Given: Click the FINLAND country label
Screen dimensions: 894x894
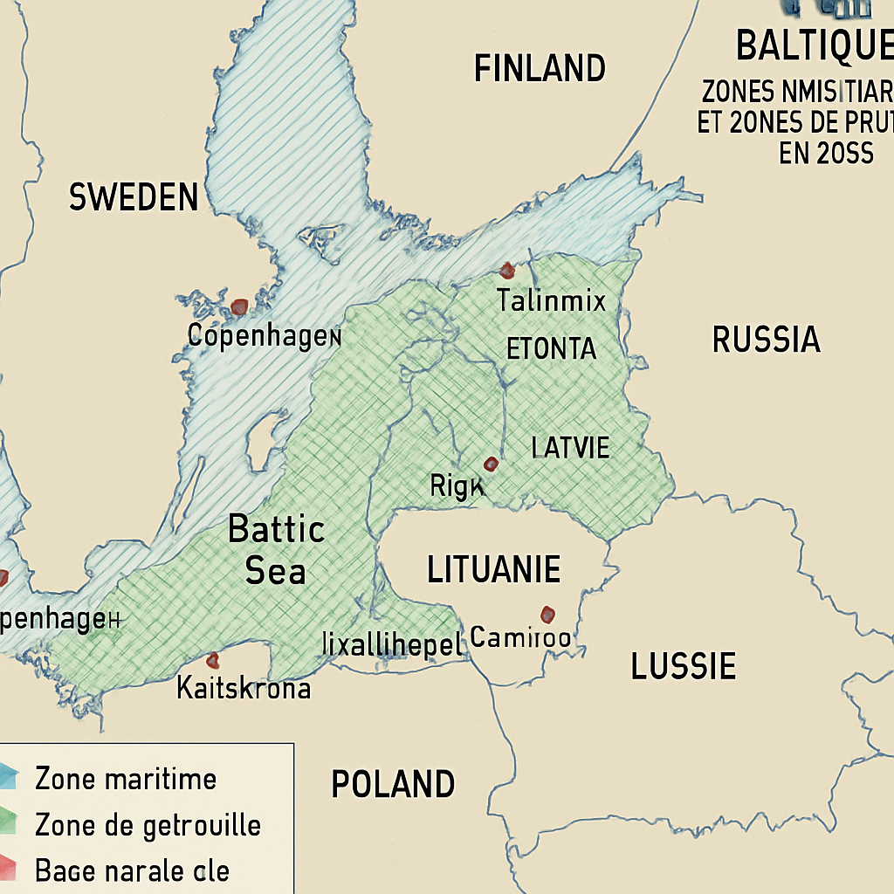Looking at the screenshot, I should (540, 68).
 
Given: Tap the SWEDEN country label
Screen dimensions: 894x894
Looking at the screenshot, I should (134, 197).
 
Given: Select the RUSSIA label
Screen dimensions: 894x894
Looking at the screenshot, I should (766, 340).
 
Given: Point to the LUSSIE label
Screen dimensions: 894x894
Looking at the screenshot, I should (683, 667).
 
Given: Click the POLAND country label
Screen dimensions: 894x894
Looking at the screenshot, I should (393, 784).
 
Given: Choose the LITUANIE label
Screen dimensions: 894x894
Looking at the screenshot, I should (493, 570).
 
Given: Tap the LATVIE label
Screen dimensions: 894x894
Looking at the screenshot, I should (570, 449).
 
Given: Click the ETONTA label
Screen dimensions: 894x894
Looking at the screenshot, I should (551, 349).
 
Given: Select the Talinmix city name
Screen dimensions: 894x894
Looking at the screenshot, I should (551, 301).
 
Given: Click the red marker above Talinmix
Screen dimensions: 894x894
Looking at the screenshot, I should (505, 271).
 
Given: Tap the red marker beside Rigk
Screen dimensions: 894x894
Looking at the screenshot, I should (491, 464).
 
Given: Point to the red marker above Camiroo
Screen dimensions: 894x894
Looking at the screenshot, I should (547, 614).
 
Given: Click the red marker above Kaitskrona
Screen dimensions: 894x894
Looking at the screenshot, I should (212, 660).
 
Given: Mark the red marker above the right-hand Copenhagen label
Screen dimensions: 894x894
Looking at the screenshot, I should (238, 306).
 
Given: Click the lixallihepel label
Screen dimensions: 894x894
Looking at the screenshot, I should (390, 644).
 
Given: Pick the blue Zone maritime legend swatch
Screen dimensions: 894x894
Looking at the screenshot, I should (9, 774).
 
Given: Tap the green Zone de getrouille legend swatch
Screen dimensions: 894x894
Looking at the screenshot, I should (9, 822).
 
